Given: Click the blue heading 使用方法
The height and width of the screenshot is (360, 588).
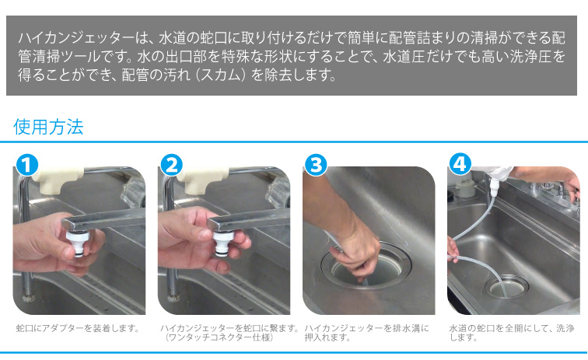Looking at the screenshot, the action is [48, 127].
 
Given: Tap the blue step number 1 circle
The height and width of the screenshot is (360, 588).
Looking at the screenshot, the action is [27, 165].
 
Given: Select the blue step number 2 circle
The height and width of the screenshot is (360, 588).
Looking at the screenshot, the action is [171, 165].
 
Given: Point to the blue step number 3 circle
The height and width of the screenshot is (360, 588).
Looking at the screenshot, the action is [316, 165].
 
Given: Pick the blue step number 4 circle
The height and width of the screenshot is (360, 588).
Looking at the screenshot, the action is [460, 164].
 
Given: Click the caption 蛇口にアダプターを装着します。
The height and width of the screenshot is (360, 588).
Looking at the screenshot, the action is [78, 328].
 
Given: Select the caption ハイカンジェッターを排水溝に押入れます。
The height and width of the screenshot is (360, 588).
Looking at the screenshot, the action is [366, 333].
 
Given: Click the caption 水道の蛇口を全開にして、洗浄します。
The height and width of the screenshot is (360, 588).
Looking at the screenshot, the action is [512, 333].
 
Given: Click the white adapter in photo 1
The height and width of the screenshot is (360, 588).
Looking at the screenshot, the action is [79, 243].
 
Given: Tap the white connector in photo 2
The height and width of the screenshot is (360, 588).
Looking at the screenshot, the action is [224, 243].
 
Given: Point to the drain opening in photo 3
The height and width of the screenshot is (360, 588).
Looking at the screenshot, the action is [366, 267].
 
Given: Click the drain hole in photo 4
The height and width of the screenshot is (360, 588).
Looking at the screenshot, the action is [506, 286].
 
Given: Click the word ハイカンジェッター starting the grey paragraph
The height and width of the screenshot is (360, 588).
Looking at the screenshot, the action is [75, 38].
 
